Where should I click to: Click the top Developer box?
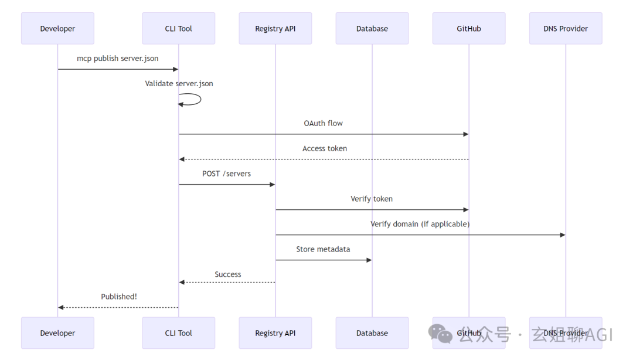tap(57, 28)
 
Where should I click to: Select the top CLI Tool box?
tap(178, 28)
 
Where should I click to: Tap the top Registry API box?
tap(275, 28)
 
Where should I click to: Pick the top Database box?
tap(372, 28)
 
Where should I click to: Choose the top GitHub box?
tap(469, 28)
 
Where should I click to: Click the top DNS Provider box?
tap(566, 28)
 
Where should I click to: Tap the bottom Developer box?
tap(57, 333)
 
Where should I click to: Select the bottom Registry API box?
tap(275, 333)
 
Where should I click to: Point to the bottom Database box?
tap(372, 333)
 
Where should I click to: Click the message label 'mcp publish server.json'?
tap(117, 59)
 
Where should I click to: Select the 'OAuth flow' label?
tap(324, 123)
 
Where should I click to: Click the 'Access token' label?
tap(325, 149)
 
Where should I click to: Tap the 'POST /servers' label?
tap(226, 174)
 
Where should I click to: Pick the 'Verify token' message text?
tap(372, 199)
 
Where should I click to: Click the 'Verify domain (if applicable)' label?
tap(420, 224)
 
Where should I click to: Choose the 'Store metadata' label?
tap(323, 249)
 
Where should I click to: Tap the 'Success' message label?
tap(227, 274)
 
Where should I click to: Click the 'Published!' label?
tap(119, 297)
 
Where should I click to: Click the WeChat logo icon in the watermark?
tap(440, 334)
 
